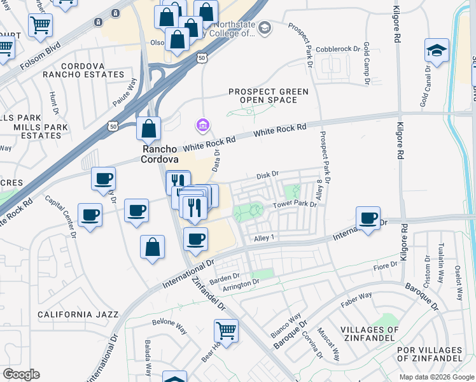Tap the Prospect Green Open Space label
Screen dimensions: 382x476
(268, 95)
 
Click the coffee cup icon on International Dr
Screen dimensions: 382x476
(368, 218)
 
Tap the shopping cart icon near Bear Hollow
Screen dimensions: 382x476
(226, 330)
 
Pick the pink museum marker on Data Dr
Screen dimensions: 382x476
(203, 125)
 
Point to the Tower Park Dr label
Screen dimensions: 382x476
(295, 204)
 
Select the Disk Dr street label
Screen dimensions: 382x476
(267, 174)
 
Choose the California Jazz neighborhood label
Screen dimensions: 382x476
(78, 315)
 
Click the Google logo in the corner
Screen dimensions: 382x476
(21, 374)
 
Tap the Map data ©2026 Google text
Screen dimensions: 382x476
(436, 377)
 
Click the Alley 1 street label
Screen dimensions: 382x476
(263, 237)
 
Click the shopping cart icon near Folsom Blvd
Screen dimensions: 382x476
(40, 25)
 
